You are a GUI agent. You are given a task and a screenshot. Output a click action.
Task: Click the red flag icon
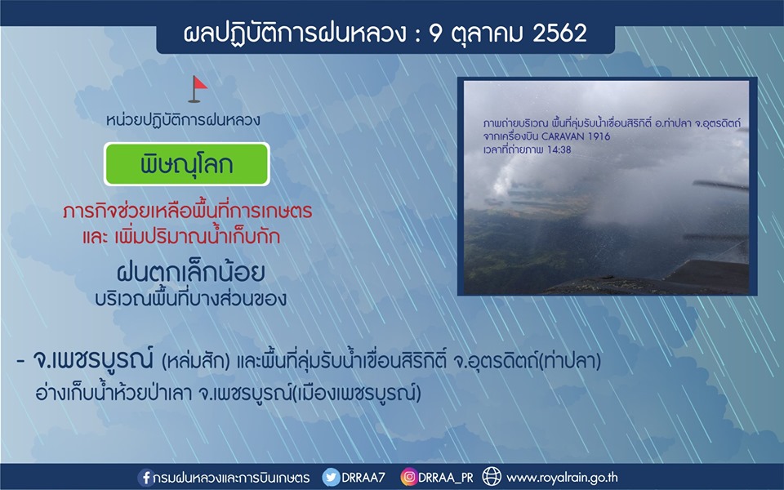click(198, 89)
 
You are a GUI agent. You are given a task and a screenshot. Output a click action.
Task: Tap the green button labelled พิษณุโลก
click(186, 164)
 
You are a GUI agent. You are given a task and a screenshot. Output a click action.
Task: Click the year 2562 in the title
click(559, 33)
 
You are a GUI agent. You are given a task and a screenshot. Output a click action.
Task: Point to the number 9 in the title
click(436, 33)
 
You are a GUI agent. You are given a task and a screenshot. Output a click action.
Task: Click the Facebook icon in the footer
click(145, 478)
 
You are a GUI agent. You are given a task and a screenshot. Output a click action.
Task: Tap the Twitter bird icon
click(331, 478)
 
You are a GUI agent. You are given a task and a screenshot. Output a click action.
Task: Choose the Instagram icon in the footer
click(408, 478)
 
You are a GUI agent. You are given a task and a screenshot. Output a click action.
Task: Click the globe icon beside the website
click(492, 477)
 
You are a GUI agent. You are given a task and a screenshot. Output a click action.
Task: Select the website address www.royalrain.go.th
click(562, 478)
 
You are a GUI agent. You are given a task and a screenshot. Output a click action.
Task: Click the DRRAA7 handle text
click(363, 478)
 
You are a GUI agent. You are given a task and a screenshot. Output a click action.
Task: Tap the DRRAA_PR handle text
click(446, 478)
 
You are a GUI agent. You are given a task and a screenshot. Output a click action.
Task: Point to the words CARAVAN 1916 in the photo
click(576, 136)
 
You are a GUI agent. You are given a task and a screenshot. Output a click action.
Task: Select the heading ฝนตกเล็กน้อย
click(190, 273)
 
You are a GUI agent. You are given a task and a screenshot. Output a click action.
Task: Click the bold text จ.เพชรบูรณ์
click(92, 360)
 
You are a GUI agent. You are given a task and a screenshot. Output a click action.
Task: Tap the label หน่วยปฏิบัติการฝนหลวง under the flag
click(183, 121)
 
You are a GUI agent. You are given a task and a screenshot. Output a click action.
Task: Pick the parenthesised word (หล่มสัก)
click(195, 361)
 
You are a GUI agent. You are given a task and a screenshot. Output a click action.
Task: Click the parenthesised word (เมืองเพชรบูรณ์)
click(356, 394)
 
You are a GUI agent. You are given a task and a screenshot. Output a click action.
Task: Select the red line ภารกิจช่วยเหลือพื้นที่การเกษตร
click(188, 212)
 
